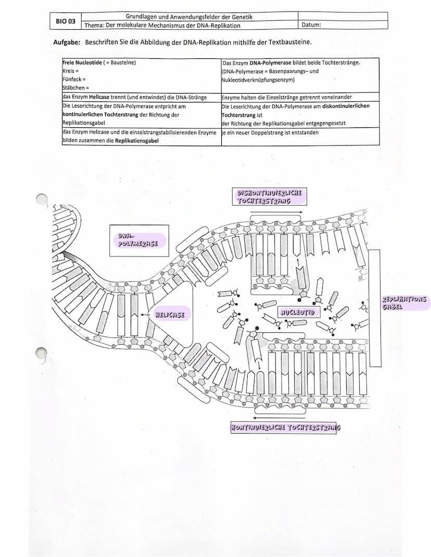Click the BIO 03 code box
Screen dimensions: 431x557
click(x=66, y=21)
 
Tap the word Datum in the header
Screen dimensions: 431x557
click(x=311, y=25)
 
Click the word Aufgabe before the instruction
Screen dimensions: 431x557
click(x=67, y=42)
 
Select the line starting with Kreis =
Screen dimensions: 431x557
click(x=70, y=71)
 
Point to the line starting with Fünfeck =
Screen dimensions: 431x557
click(x=74, y=79)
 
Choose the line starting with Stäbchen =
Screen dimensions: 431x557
click(x=76, y=88)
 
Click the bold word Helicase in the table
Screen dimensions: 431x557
click(x=99, y=97)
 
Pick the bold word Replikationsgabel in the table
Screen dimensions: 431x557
click(x=137, y=140)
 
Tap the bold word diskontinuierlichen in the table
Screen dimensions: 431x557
click(x=346, y=106)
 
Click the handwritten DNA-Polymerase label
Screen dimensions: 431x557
click(x=138, y=240)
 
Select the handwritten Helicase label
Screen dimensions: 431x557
click(x=170, y=314)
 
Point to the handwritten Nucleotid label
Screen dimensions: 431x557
click(x=298, y=312)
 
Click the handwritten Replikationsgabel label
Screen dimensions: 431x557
click(x=404, y=303)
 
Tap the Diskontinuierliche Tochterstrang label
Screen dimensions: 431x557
click(x=269, y=197)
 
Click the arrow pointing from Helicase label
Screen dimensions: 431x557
click(x=146, y=315)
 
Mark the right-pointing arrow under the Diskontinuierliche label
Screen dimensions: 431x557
click(x=276, y=212)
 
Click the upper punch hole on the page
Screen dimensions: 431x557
click(x=42, y=200)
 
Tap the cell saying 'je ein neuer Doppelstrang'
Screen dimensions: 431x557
click(x=300, y=136)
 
